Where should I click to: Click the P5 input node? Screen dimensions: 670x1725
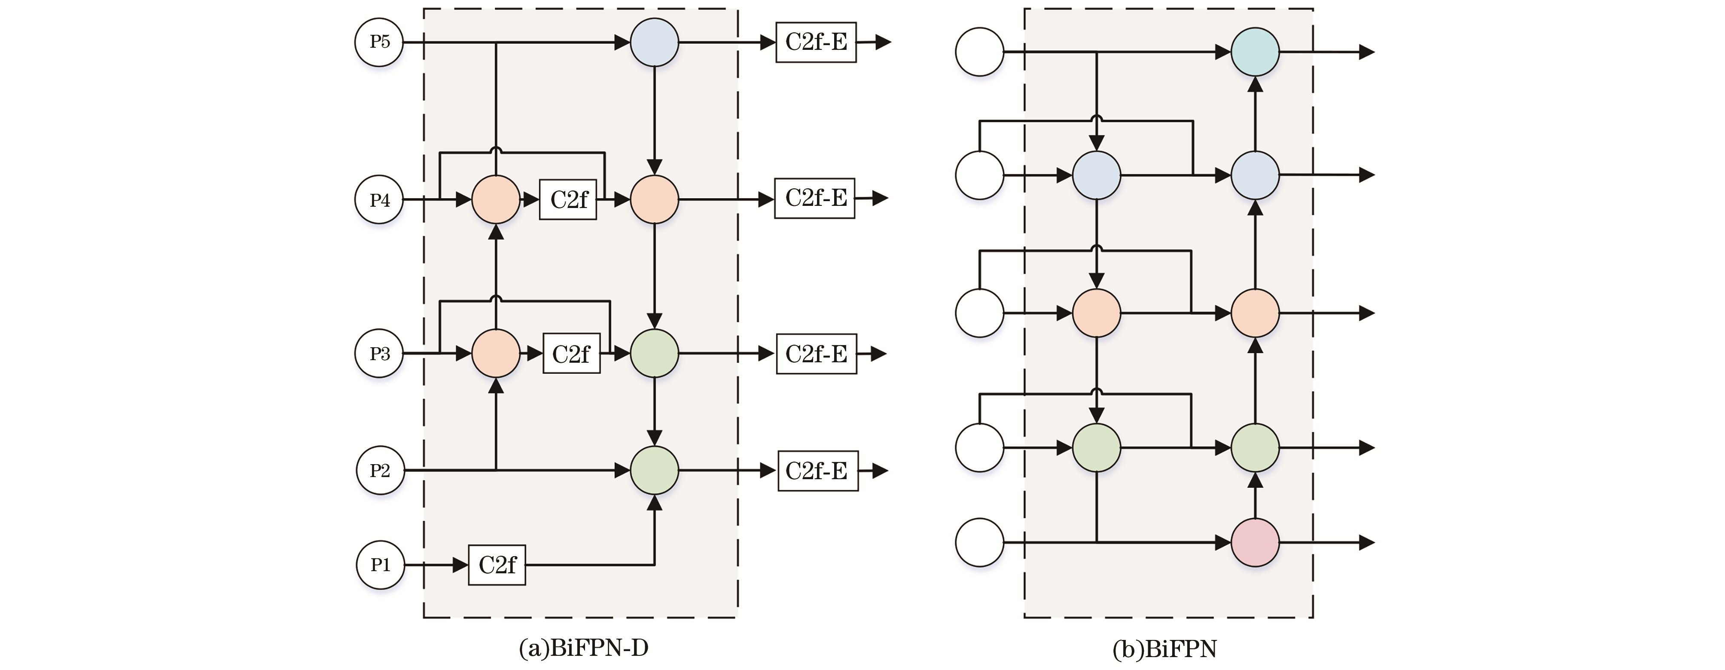click(379, 42)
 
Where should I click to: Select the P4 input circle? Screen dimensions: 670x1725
click(379, 200)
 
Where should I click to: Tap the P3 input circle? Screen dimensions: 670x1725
click(379, 353)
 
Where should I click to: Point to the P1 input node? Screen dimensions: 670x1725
click(380, 565)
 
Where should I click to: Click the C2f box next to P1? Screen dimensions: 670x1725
click(497, 565)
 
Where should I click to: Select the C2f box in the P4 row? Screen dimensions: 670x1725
click(568, 199)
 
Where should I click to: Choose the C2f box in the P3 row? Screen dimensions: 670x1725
click(571, 353)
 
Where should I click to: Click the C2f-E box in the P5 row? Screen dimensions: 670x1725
click(816, 42)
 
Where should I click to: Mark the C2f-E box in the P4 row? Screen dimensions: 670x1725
click(814, 198)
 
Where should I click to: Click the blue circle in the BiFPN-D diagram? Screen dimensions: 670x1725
click(654, 42)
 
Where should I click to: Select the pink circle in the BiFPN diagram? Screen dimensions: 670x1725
click(1255, 542)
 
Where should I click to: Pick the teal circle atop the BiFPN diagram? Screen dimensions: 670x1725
click(1255, 52)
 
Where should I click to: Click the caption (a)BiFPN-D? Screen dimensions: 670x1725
click(583, 648)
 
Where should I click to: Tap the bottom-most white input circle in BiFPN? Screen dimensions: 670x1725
click(979, 542)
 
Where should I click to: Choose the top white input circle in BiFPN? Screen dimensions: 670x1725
click(979, 52)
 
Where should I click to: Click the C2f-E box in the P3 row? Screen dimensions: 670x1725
click(816, 353)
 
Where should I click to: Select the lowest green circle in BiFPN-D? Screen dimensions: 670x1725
click(654, 470)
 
